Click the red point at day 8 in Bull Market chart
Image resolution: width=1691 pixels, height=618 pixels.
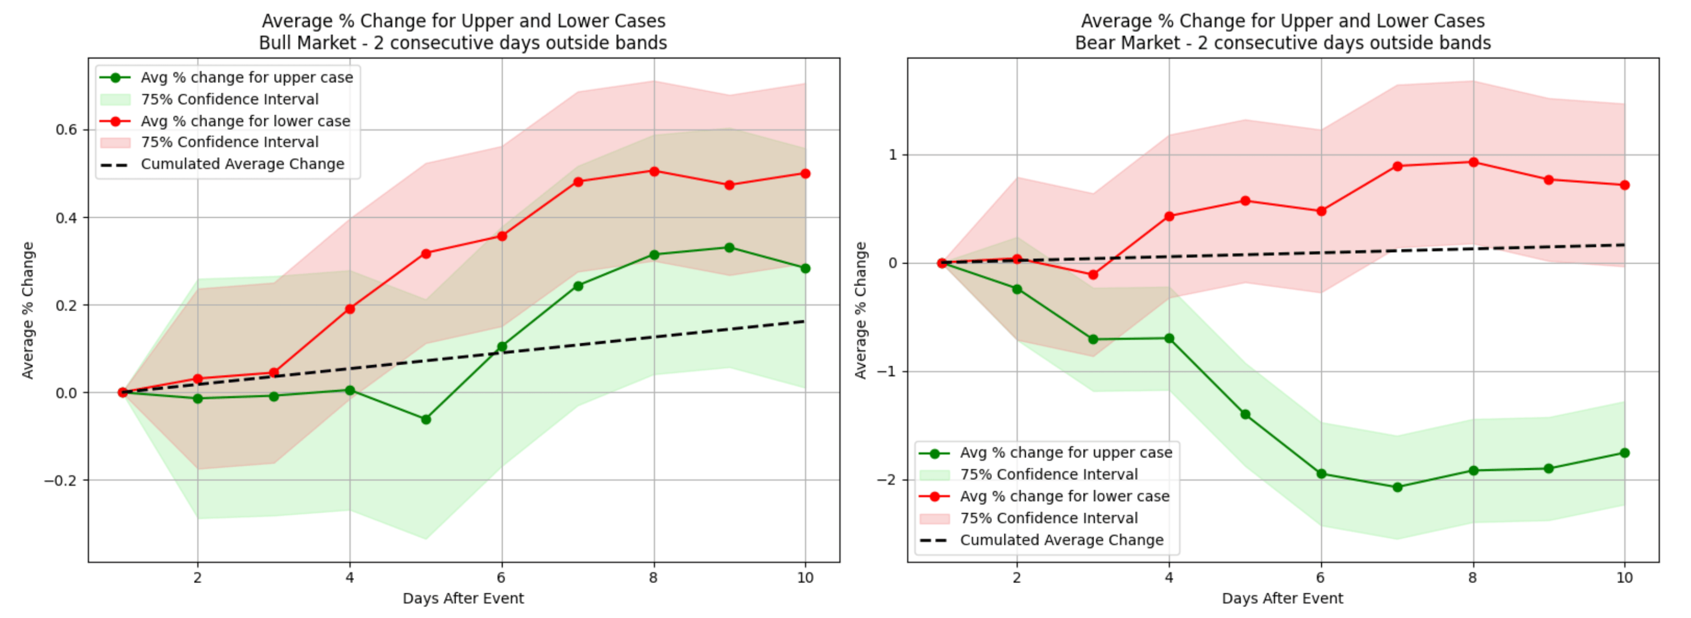654,171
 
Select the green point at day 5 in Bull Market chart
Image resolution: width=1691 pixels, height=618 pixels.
426,419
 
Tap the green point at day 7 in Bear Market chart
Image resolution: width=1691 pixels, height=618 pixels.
1398,488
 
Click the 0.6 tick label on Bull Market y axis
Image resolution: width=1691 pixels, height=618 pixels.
66,130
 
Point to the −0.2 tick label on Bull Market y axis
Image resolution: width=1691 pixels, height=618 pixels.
61,480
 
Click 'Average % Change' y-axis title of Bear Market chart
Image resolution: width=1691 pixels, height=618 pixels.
860,310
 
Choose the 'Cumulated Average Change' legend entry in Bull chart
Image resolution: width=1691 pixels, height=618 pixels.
242,164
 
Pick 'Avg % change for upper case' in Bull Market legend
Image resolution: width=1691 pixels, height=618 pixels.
246,78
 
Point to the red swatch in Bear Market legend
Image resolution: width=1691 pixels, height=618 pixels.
934,518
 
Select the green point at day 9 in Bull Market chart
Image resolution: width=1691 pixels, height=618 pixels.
729,248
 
